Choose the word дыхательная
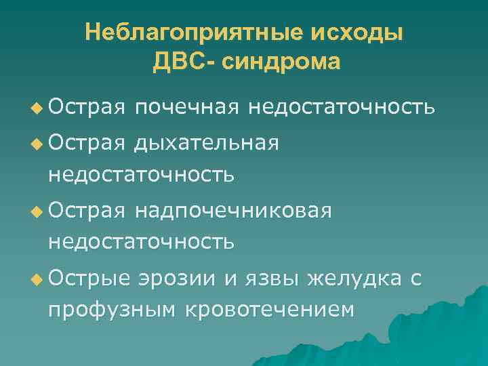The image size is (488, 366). click(206, 143)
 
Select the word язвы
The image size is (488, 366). click(272, 277)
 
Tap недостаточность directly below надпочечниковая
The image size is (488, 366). click(140, 241)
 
